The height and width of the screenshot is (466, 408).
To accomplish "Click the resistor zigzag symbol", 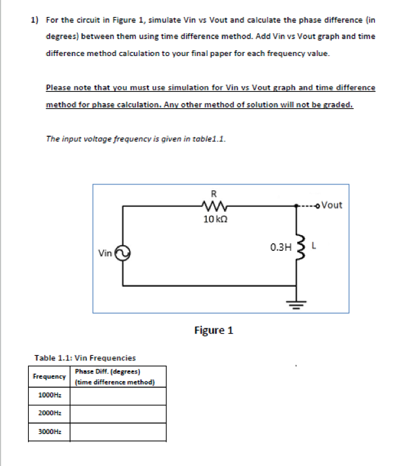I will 213,206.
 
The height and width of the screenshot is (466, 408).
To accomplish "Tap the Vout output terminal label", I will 332,205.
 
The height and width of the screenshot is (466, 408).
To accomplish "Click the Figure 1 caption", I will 213,330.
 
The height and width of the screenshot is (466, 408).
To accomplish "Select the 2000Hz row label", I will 50,414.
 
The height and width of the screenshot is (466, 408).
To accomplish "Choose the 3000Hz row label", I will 50,431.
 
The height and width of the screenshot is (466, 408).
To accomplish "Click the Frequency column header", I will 50,377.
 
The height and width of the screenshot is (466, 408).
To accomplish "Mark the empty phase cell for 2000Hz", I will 118,414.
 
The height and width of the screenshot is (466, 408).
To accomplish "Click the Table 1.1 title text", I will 85,358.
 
